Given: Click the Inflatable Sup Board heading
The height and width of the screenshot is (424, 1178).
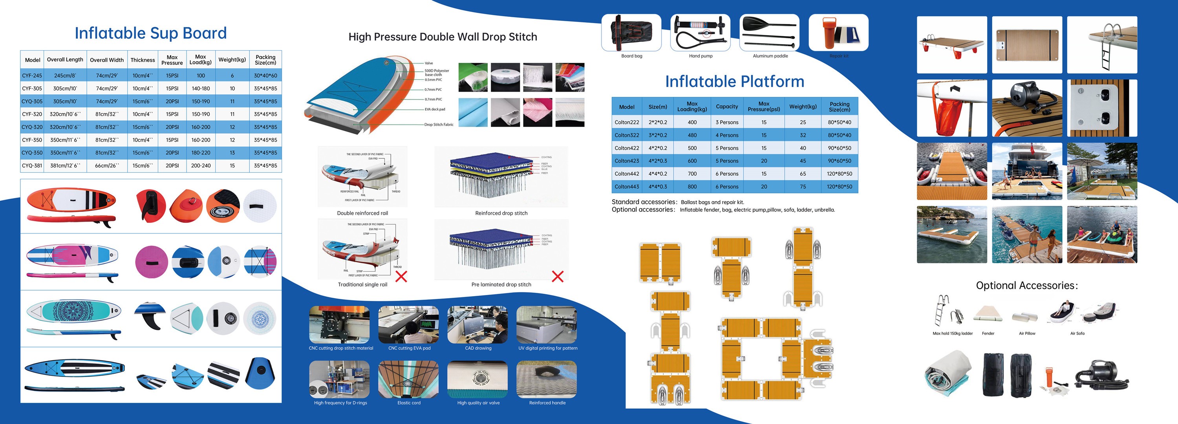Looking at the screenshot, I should [150, 33].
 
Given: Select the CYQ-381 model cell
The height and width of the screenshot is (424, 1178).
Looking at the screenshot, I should [32, 166].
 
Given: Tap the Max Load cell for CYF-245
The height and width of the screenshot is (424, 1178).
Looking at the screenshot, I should [201, 75].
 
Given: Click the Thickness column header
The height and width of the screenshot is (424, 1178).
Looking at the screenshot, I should [143, 60].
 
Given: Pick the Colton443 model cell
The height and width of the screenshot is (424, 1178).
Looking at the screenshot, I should [626, 186].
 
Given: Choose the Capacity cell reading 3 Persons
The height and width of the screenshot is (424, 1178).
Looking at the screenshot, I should [727, 122].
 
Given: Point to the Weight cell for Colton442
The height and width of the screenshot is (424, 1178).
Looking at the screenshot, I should [803, 174].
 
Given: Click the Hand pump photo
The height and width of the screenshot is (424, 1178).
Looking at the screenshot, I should [700, 32].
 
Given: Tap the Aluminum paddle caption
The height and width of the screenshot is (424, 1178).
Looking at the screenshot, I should [770, 56].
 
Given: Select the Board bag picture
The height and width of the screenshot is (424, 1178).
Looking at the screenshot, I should [631, 32].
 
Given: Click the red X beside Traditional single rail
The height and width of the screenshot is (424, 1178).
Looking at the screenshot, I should [401, 276].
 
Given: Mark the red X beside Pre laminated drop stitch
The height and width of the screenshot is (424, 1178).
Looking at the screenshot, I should [558, 276].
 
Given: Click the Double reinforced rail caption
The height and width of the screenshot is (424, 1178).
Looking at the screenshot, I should [362, 213].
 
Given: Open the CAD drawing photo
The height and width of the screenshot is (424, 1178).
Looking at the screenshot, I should [477, 325].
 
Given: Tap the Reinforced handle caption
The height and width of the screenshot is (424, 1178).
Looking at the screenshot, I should [547, 403].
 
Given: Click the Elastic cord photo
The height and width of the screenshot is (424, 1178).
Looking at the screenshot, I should [408, 379].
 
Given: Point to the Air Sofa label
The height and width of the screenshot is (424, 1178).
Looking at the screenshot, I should [1077, 333].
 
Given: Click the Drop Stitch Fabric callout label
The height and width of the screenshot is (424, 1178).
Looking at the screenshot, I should [439, 124].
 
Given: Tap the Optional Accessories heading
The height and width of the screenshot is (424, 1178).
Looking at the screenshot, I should [1027, 286].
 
